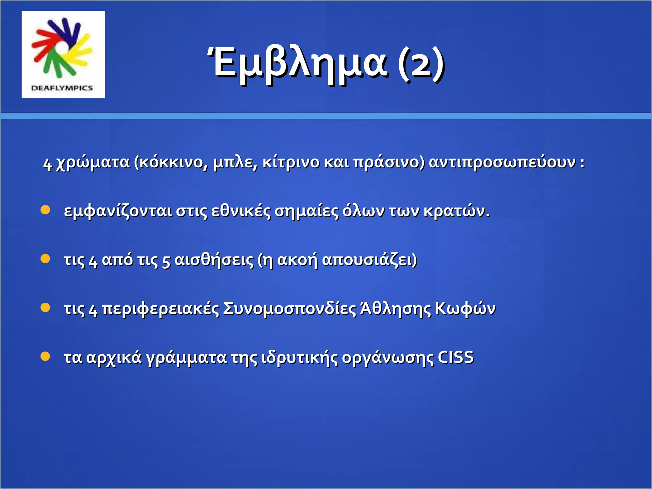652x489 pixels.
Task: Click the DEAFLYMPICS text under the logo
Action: [x=62, y=88]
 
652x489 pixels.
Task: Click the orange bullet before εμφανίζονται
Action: [x=46, y=210]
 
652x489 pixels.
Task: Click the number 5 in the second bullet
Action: [x=166, y=261]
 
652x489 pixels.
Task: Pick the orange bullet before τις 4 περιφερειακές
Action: [x=46, y=308]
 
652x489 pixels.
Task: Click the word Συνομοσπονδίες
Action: [x=289, y=309]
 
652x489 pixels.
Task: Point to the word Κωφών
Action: [x=465, y=309]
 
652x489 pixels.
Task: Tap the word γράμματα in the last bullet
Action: [x=186, y=358]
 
